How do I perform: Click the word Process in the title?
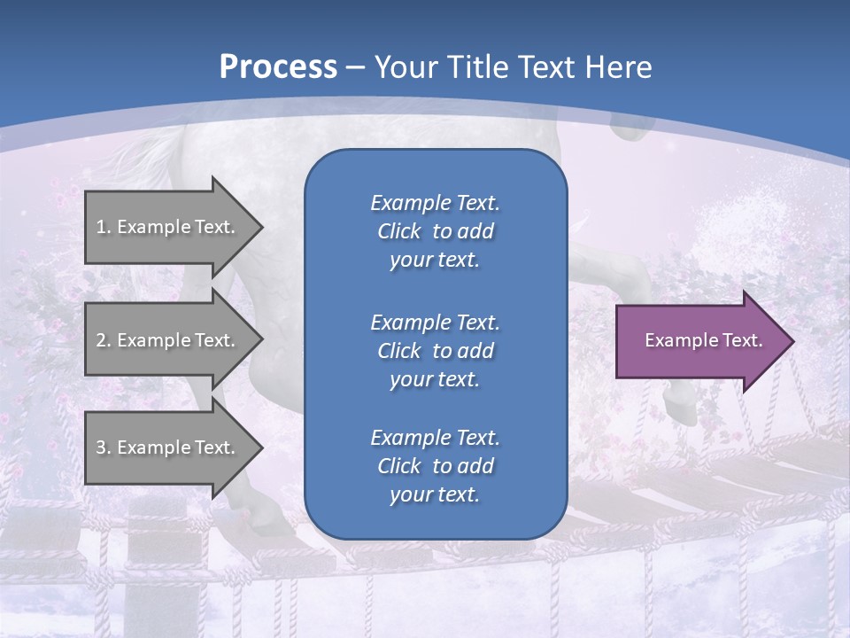(x=278, y=67)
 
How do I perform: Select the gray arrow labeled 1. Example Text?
(x=168, y=226)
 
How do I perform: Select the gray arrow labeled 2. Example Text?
(x=168, y=339)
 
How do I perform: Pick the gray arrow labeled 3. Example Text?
(x=168, y=447)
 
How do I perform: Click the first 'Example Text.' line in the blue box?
(x=435, y=203)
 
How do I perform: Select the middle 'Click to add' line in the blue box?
(x=435, y=351)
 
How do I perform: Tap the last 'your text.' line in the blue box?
(x=435, y=495)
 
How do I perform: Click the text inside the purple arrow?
(x=704, y=340)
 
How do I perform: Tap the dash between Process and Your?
(x=356, y=67)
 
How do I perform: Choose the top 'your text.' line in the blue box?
(x=435, y=261)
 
